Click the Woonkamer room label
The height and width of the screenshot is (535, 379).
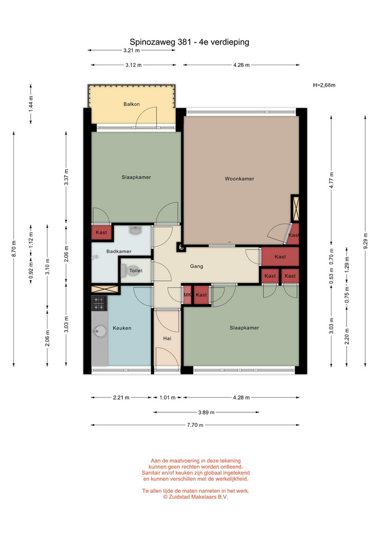(239, 178)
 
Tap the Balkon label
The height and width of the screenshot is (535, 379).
(132, 104)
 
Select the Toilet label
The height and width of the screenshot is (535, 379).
(136, 271)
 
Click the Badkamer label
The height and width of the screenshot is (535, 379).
(118, 251)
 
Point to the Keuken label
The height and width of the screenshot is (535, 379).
(122, 328)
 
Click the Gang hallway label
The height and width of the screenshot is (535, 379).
(196, 266)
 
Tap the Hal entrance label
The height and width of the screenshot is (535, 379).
(167, 338)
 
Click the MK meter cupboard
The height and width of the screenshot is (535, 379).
(188, 295)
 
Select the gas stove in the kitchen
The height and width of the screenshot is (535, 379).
(99, 303)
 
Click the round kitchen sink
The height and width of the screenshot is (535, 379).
(100, 331)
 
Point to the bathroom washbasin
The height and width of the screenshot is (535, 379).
(136, 231)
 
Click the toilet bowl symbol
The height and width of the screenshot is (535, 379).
(124, 271)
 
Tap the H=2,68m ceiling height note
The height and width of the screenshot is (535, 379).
(324, 85)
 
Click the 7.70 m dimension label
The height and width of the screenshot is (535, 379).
(195, 425)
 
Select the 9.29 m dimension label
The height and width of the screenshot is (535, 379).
(366, 241)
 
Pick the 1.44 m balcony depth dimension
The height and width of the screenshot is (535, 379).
(31, 104)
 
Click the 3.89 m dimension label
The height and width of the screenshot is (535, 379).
(207, 412)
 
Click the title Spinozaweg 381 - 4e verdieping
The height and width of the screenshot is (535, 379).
(189, 42)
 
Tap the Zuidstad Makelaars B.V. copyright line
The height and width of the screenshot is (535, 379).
(195, 497)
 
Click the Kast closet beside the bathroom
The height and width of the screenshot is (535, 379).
(102, 232)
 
